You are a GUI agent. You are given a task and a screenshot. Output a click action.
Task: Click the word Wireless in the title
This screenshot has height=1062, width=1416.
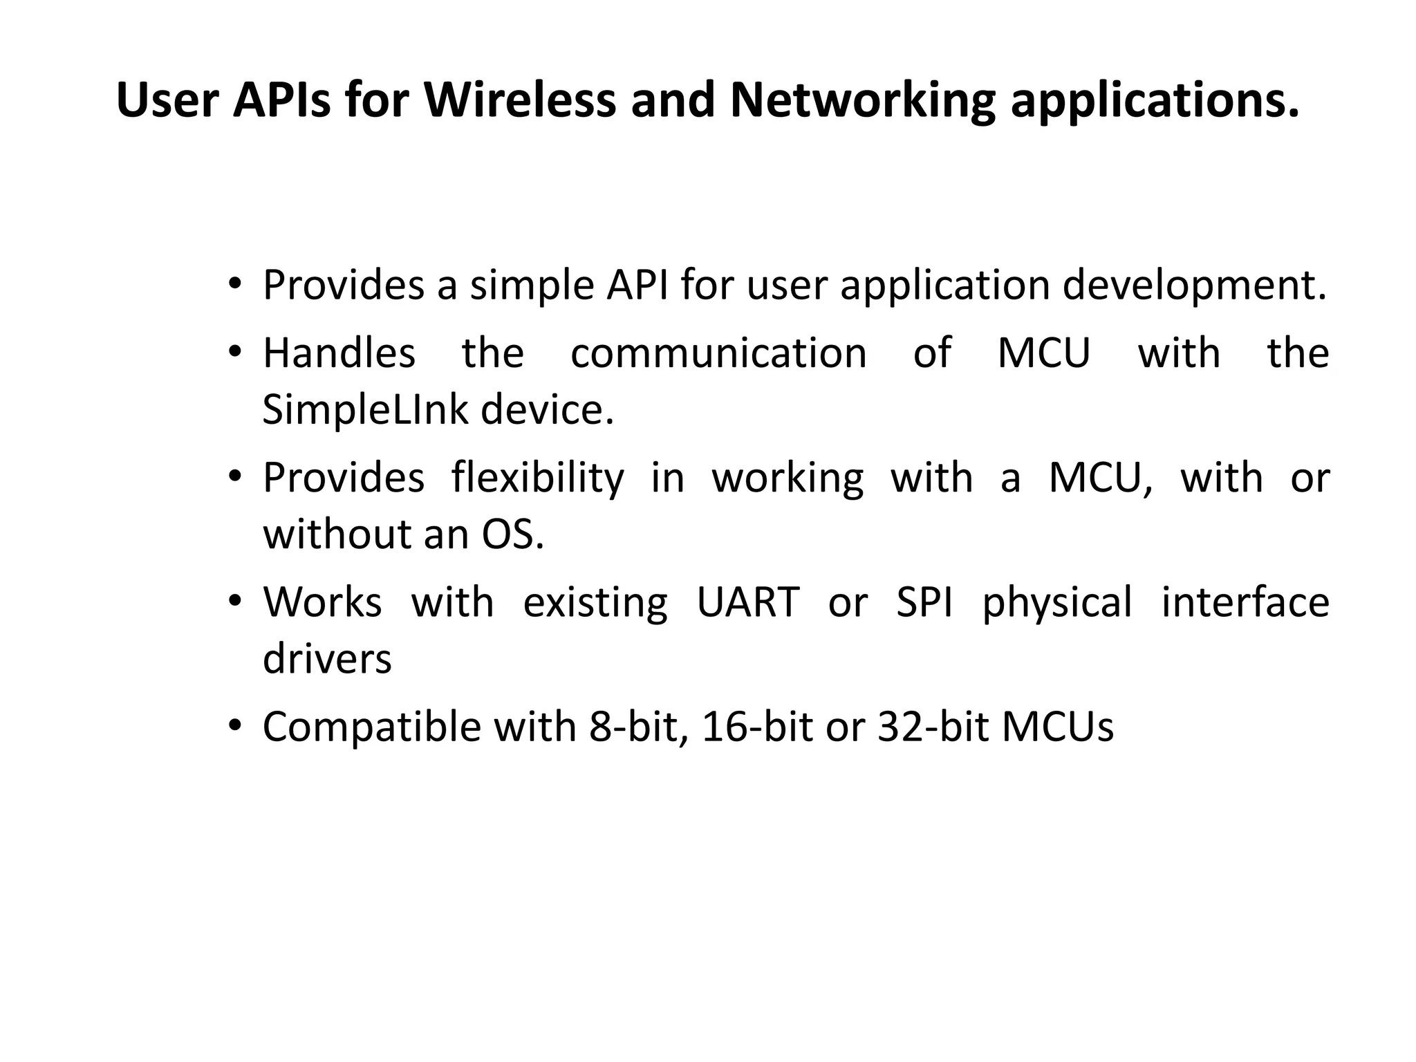click(x=519, y=100)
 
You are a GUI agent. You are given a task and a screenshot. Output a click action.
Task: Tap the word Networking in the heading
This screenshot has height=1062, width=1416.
click(x=862, y=100)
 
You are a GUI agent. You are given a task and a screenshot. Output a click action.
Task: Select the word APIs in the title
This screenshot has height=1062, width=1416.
click(x=281, y=100)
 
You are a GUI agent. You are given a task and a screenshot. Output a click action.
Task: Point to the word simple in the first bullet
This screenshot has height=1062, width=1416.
click(x=532, y=285)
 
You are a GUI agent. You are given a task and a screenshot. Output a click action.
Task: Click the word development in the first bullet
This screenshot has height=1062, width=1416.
click(x=1194, y=285)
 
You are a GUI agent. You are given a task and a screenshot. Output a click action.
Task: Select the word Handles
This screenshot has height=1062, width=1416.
click(x=339, y=353)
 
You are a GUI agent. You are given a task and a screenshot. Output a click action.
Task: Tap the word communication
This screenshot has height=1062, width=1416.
click(x=718, y=353)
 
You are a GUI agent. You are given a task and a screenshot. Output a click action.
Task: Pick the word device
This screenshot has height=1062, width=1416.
click(x=546, y=409)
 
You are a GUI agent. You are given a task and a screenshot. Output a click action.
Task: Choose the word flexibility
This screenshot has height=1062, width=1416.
click(x=537, y=478)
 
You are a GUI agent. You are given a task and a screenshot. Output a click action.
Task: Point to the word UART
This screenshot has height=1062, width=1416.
click(x=748, y=602)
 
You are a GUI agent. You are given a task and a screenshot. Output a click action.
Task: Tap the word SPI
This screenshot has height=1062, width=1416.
click(x=924, y=602)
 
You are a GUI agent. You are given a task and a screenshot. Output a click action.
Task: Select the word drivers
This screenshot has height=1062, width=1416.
click(x=327, y=658)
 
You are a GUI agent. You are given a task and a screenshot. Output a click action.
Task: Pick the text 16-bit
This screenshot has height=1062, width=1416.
click(x=757, y=727)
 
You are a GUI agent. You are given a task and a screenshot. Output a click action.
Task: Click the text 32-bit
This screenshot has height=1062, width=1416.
click(x=933, y=727)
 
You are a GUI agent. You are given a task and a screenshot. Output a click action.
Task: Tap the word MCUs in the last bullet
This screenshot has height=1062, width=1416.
click(x=1057, y=727)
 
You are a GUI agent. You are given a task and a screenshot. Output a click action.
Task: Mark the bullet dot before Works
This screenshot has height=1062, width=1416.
click(x=235, y=601)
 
